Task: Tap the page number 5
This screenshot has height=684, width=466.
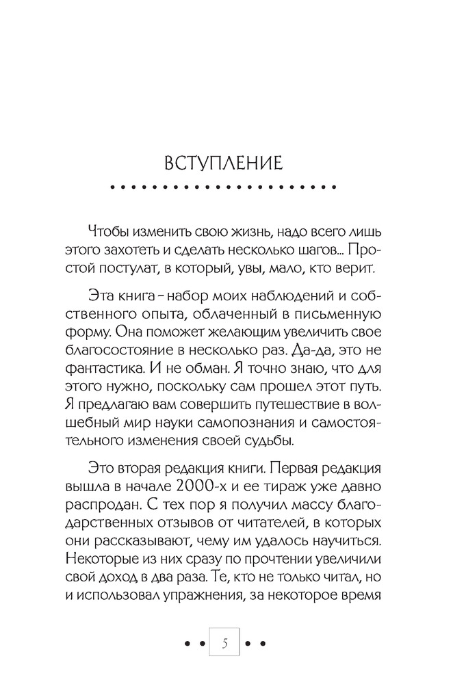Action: tap(225, 644)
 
